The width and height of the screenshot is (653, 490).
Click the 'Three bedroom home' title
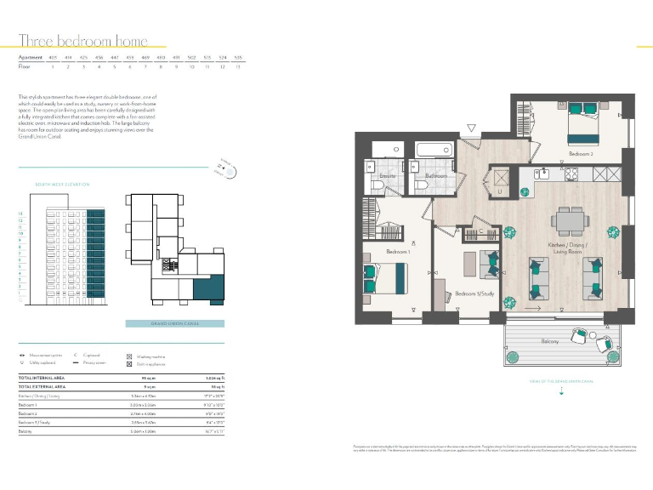click(x=83, y=41)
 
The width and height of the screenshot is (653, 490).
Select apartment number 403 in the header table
click(x=53, y=58)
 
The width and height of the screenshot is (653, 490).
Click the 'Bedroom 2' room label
click(x=580, y=154)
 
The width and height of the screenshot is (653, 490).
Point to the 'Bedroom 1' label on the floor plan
click(x=399, y=252)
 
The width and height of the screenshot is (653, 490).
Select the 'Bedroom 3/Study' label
click(x=474, y=293)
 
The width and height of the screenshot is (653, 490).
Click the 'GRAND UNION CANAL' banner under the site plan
click(x=174, y=323)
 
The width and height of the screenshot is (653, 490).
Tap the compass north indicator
click(x=227, y=168)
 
